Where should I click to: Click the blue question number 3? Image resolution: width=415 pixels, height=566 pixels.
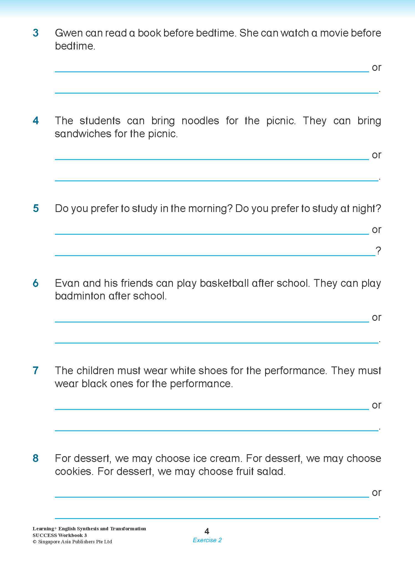click(x=36, y=33)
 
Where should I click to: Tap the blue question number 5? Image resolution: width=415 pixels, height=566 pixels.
click(x=36, y=208)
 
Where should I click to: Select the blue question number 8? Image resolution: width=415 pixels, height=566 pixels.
click(x=36, y=458)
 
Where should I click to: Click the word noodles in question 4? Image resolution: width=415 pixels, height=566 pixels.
click(x=200, y=121)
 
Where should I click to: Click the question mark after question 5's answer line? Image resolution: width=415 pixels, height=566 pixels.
click(x=378, y=251)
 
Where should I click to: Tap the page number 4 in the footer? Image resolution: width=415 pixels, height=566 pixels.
click(x=207, y=531)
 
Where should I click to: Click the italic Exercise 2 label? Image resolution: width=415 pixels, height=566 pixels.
click(x=207, y=540)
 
